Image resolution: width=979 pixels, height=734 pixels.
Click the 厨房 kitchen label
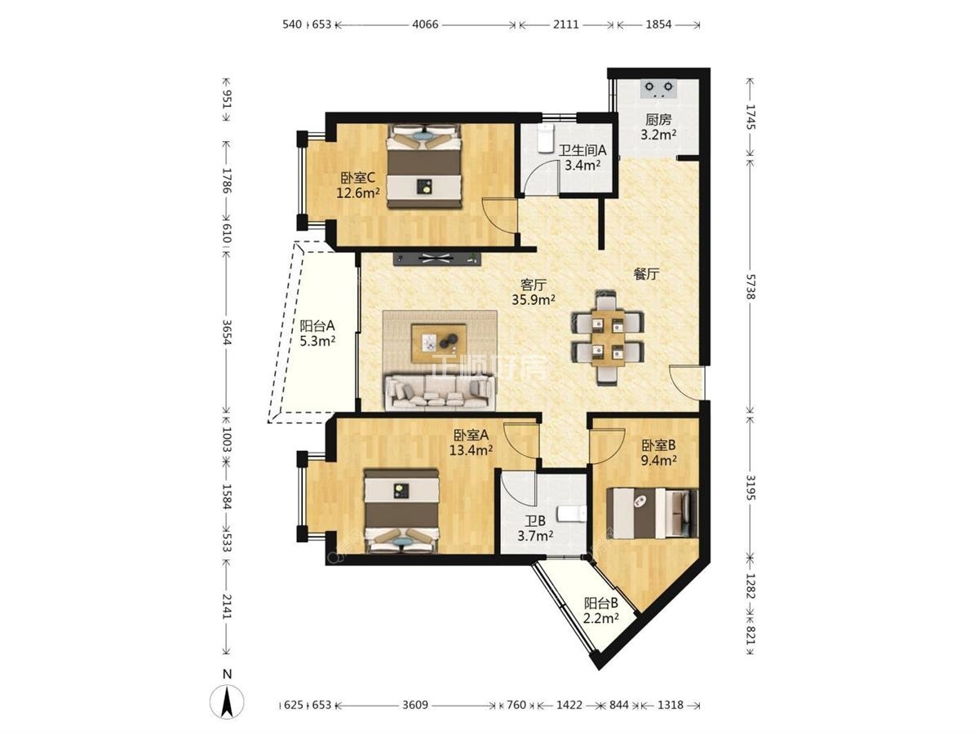tap(658, 119)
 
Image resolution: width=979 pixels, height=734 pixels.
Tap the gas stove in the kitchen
tap(658, 89)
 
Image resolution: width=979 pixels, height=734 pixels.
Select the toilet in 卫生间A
tap(546, 138)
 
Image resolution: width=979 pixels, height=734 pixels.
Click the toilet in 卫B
tap(572, 514)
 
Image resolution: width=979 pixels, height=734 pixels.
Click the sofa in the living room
tap(440, 392)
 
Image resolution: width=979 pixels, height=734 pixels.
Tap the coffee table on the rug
tap(439, 343)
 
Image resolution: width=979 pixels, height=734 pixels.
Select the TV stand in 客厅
tap(437, 259)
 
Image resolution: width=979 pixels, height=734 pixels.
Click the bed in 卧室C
tap(423, 166)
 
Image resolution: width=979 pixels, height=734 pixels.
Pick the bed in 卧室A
tap(401, 511)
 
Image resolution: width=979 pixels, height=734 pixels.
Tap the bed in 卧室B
tap(652, 513)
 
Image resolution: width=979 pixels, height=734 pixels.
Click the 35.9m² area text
tap(533, 299)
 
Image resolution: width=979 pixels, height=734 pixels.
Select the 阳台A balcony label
tap(317, 325)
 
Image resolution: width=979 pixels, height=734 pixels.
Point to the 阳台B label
tap(600, 604)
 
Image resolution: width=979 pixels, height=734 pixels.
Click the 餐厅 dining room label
tap(646, 274)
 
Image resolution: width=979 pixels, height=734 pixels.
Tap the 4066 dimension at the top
tap(425, 24)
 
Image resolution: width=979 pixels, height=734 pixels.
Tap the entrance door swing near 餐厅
tap(685, 382)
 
